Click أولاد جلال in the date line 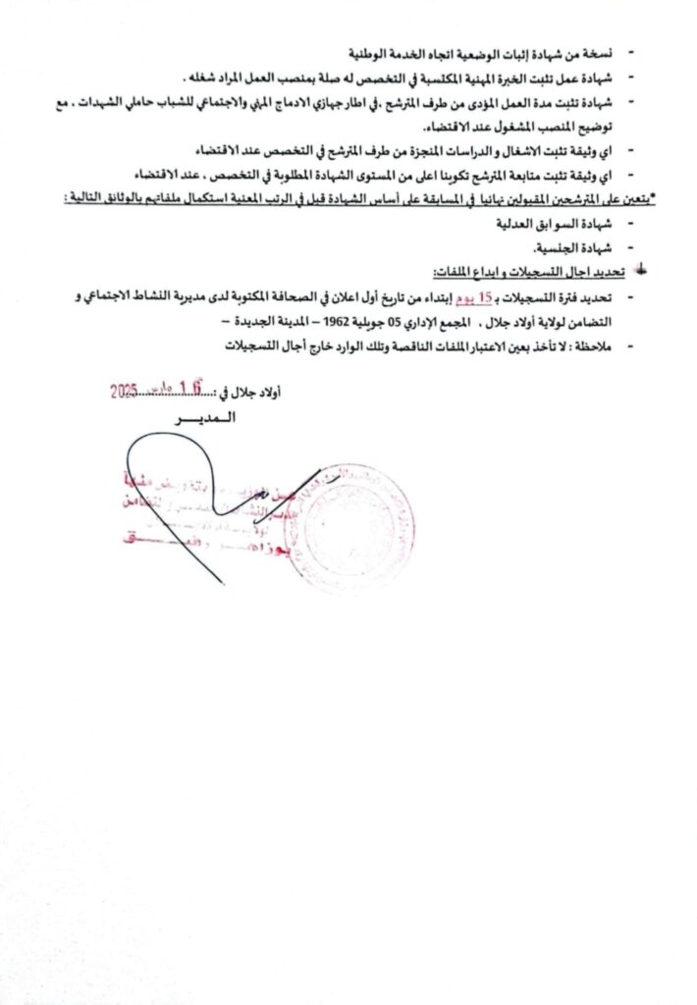256,393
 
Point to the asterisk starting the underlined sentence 654,198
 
